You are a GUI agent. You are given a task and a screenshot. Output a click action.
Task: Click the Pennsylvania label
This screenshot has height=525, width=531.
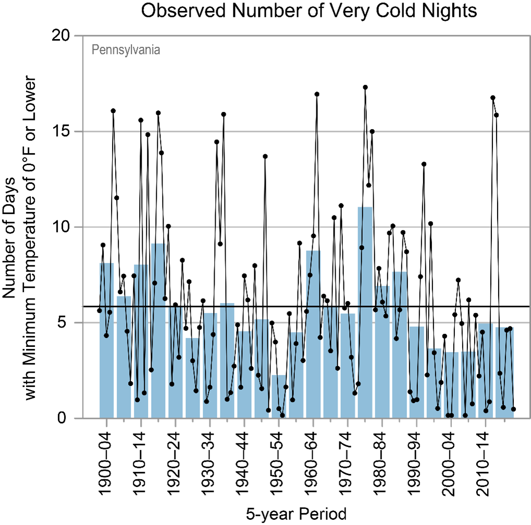pos(126,50)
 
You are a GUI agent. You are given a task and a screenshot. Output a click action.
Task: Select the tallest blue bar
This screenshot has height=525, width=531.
pos(365,312)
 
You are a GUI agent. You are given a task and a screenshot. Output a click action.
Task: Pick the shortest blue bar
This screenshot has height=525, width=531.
pos(279,396)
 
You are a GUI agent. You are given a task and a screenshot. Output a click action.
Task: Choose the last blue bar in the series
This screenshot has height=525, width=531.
pos(504,372)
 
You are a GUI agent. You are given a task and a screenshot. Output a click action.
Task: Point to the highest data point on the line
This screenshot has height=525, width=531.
pos(365,87)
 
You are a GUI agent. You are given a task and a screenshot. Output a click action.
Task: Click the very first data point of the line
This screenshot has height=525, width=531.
pos(100,310)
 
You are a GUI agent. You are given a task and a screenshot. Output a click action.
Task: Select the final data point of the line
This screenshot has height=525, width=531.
pos(513,409)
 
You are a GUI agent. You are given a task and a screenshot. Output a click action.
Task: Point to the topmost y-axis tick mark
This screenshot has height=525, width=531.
pos(78,36)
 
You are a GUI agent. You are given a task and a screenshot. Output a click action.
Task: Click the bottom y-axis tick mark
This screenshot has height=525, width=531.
pos(78,418)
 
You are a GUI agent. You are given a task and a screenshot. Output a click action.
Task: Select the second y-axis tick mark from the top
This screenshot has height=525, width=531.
pos(78,132)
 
